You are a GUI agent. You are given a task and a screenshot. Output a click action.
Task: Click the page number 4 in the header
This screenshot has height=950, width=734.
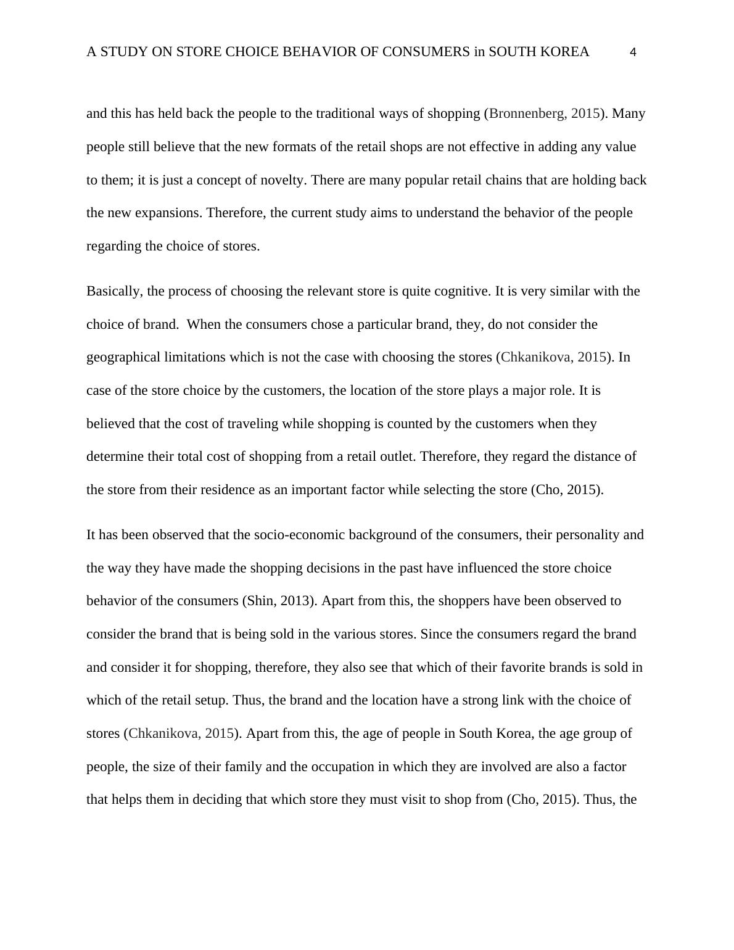633,52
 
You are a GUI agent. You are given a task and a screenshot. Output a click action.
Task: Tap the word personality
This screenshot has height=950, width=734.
589,535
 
